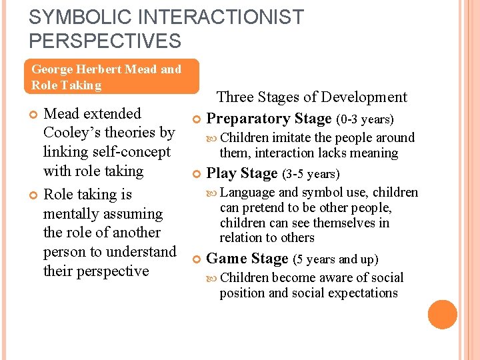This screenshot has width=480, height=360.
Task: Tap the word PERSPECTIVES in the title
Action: (105, 41)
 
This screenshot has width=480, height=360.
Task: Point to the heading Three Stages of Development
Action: (311, 97)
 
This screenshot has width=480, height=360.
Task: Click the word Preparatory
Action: (247, 119)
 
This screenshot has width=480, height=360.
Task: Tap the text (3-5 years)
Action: (311, 175)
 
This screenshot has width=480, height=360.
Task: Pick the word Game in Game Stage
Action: (227, 259)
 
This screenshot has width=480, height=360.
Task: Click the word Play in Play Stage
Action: (222, 174)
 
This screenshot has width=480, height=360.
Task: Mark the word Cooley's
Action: (73, 133)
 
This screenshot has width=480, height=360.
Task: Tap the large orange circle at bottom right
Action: (443, 315)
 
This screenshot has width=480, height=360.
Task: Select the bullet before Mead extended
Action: (35, 115)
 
